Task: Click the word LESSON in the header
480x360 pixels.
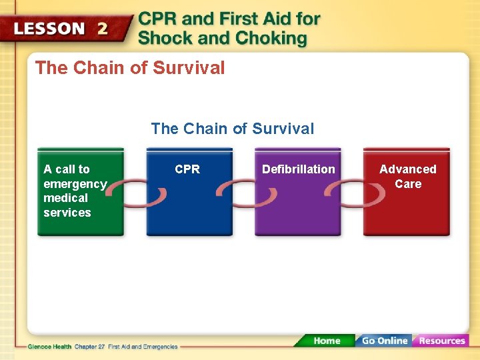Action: click(x=49, y=29)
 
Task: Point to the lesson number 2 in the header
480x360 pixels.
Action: click(x=103, y=29)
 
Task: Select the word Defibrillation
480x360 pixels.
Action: click(x=298, y=169)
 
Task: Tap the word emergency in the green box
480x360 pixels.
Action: click(x=75, y=184)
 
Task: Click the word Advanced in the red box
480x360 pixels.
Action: click(x=407, y=169)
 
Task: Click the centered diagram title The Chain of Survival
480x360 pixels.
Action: click(x=232, y=129)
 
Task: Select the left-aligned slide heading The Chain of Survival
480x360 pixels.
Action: click(x=130, y=68)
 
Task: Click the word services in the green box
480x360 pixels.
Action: click(x=67, y=213)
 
